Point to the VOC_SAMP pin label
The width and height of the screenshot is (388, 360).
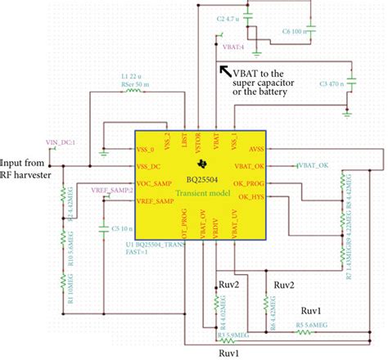156,183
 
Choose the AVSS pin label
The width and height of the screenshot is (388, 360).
255,149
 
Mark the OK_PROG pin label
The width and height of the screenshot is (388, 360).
249,183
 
